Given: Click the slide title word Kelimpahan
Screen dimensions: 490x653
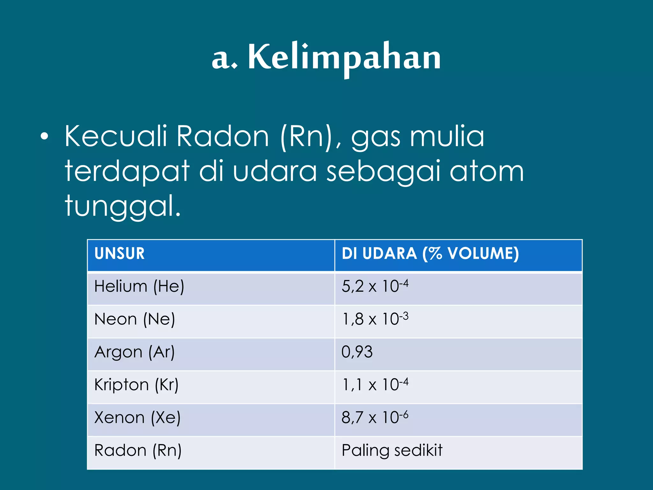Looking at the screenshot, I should tap(344, 57).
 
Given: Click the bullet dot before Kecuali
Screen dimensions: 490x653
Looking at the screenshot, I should tap(45, 137).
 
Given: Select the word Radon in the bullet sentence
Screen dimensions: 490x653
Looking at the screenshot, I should tap(223, 137).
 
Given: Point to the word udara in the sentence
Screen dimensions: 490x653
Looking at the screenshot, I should tap(275, 172).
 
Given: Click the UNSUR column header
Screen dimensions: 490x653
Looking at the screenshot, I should tap(120, 254).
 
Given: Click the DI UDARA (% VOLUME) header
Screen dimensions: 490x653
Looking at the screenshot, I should tap(430, 254).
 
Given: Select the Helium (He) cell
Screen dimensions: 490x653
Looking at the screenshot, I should tap(139, 286).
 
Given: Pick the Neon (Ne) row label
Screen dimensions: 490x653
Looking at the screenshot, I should tap(135, 319).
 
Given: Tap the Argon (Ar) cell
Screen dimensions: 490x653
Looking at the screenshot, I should tap(135, 352).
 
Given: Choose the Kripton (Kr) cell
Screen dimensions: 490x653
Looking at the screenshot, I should tap(136, 385).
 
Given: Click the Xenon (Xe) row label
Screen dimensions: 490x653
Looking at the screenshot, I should tap(137, 418).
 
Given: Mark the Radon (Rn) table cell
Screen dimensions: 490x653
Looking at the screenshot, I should tap(138, 451).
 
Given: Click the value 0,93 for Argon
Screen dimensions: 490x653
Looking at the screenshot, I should tap(357, 352).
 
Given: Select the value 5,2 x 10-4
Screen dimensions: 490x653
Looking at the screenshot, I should tap(375, 286).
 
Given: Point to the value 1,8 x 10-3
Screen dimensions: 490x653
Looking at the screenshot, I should tap(375, 319).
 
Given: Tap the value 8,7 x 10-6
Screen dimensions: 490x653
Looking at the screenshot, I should tap(375, 417).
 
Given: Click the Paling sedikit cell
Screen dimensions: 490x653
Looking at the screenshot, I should tap(392, 451).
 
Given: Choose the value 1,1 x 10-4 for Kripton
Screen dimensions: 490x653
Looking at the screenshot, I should tap(375, 384).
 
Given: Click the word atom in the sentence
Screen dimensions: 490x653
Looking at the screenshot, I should tap(487, 172).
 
